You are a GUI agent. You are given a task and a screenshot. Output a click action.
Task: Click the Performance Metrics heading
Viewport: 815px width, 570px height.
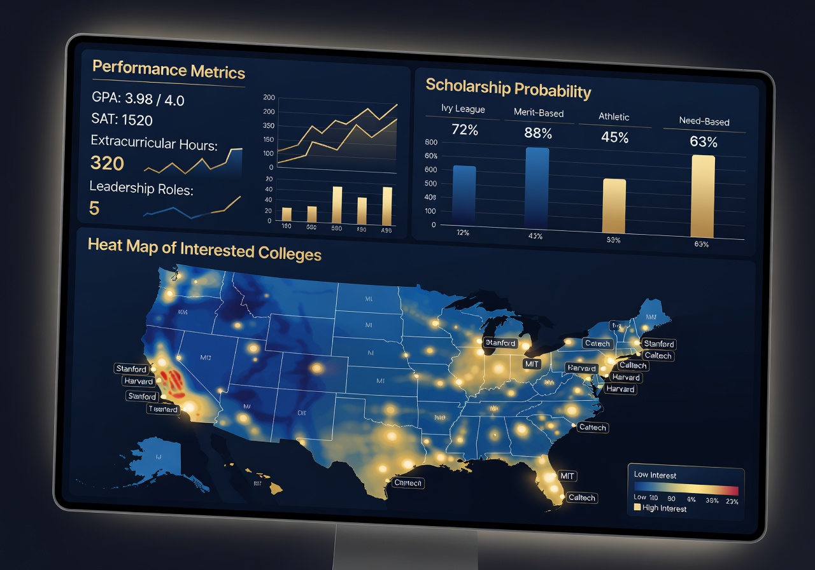[168, 69]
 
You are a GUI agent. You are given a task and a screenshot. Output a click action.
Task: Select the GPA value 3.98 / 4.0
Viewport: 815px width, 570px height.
[138, 99]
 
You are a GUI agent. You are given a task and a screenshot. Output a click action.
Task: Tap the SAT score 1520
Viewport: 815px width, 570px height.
[122, 120]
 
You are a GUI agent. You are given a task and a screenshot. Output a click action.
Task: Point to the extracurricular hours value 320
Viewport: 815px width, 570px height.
[107, 163]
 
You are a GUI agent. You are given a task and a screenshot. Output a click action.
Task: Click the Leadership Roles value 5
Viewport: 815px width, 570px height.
[94, 208]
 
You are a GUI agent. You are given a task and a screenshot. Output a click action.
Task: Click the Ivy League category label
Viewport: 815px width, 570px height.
[463, 109]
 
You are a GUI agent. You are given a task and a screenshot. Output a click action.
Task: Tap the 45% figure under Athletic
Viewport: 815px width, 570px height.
[614, 137]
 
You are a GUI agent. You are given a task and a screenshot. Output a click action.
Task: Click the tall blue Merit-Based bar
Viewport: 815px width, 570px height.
[537, 188]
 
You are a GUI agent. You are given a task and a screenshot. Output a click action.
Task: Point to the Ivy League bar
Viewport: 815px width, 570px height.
[464, 194]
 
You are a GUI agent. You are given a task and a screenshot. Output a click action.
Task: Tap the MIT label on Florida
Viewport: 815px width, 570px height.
[566, 475]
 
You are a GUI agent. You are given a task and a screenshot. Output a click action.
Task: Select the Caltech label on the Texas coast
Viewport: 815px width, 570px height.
[407, 483]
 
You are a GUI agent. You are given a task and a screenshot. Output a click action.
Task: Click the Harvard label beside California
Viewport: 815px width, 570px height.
[138, 382]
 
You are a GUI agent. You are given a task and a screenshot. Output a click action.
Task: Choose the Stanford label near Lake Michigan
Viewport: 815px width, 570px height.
[500, 343]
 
